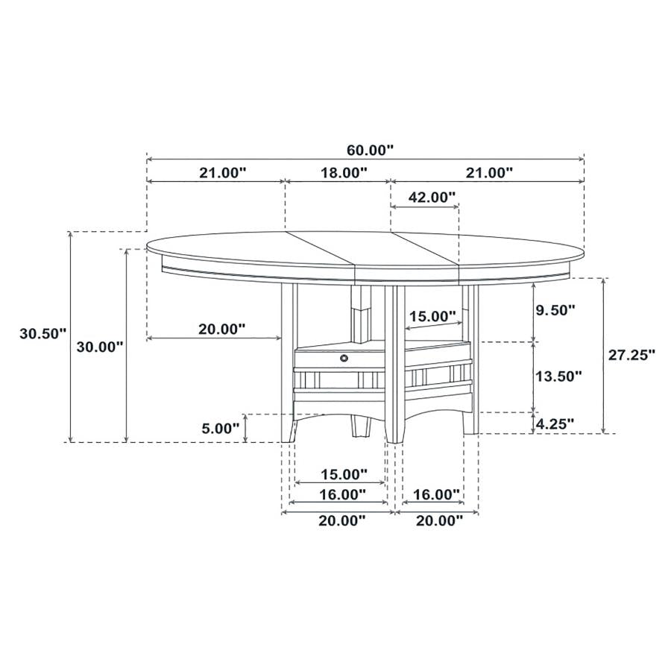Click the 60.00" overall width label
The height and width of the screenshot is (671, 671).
pyautogui.click(x=370, y=150)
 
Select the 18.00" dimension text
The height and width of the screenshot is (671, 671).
pyautogui.click(x=344, y=173)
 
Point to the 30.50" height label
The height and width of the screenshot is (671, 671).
pyautogui.click(x=43, y=334)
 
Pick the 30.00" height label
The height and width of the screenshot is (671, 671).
pyautogui.click(x=100, y=346)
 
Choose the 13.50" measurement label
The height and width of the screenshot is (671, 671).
pyautogui.click(x=558, y=377)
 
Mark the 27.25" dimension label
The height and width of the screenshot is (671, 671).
pyautogui.click(x=631, y=355)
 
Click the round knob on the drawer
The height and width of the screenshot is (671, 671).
pyautogui.click(x=344, y=359)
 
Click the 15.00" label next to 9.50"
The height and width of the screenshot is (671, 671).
pyautogui.click(x=432, y=316)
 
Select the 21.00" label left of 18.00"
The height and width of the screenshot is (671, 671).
pyautogui.click(x=223, y=173)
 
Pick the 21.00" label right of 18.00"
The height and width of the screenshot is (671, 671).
pyautogui.click(x=490, y=173)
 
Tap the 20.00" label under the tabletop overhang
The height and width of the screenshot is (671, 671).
pyautogui.click(x=223, y=329)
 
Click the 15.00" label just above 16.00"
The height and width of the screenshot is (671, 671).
pyautogui.click(x=344, y=473)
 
